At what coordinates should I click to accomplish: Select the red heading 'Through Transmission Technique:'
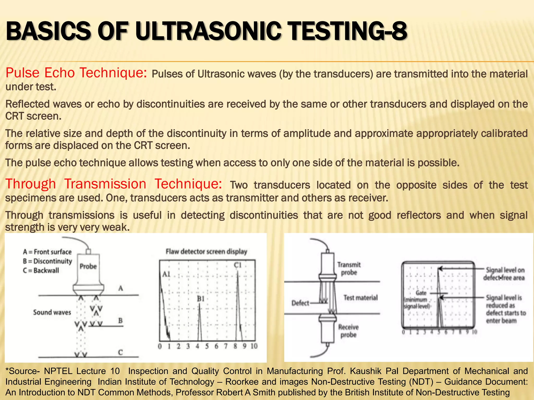pos(114,184)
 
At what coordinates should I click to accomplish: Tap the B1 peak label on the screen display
pos(201,299)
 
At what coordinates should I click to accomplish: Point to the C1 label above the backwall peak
pos(238,265)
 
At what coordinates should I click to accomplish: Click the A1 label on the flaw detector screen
pos(166,274)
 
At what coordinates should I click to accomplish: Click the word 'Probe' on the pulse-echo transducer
pos(88,266)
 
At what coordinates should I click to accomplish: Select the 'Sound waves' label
pos(52,312)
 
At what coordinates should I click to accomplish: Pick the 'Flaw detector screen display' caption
pos(207,252)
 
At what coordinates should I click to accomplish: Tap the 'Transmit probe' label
pos(349,268)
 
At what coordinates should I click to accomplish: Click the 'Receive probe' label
pos(348,331)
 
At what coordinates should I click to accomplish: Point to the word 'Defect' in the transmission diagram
pos(300,303)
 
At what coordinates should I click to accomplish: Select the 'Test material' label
pos(360,298)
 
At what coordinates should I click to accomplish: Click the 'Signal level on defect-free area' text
pos(504,274)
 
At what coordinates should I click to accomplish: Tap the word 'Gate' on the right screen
pos(421,293)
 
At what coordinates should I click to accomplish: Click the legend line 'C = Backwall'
pos(41,271)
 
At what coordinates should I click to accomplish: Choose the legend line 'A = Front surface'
pos(47,252)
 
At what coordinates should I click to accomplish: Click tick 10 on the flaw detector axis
pos(254,346)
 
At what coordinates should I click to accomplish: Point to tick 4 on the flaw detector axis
pos(198,346)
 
